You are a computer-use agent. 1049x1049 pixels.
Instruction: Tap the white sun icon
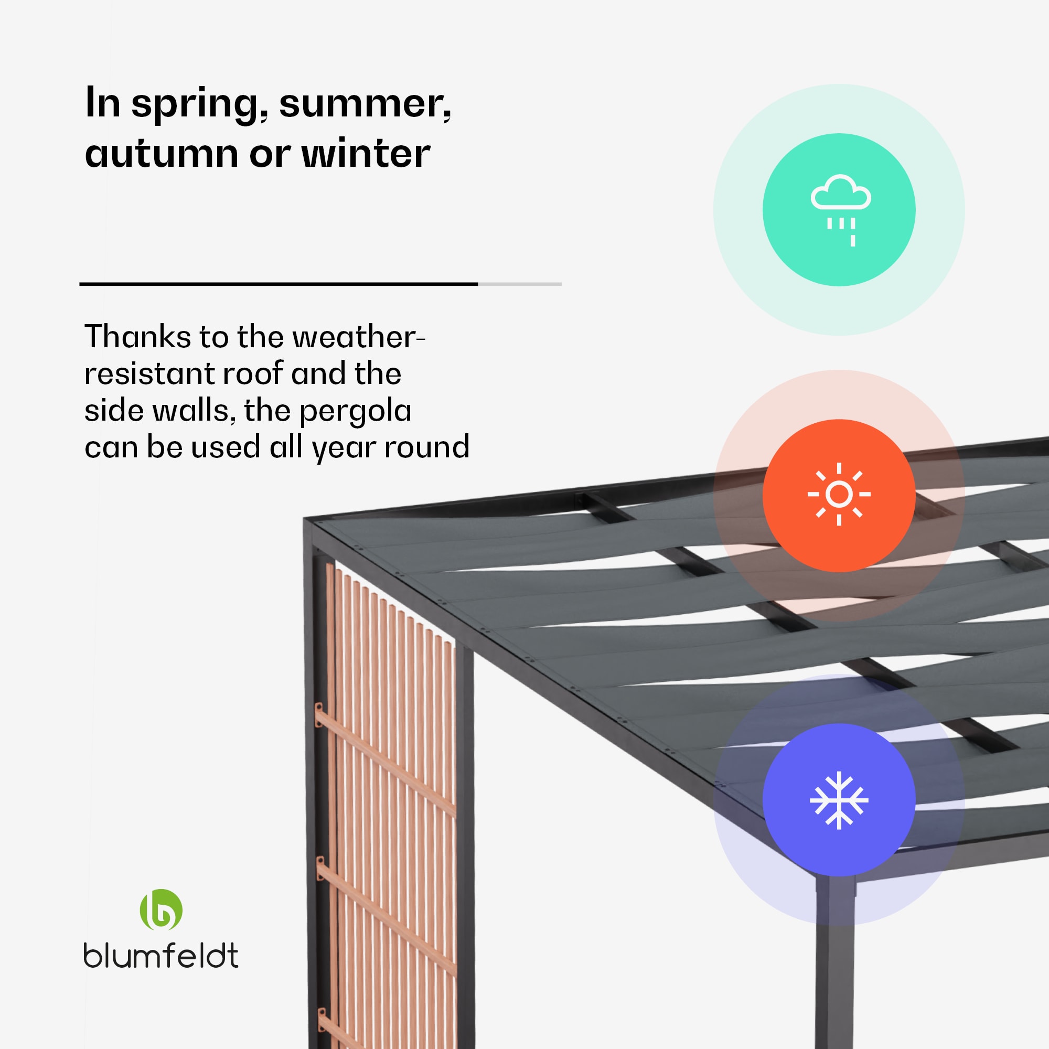(x=839, y=494)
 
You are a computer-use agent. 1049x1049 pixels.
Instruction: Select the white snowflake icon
(x=839, y=800)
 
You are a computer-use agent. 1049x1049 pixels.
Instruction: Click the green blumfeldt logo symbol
(x=161, y=909)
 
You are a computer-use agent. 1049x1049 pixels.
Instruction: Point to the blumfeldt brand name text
(x=160, y=956)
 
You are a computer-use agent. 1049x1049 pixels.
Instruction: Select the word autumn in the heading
(x=162, y=154)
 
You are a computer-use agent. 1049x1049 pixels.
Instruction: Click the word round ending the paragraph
(x=427, y=447)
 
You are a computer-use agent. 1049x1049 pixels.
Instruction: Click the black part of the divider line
(x=279, y=284)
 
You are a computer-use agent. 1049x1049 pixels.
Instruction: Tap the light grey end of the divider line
(x=520, y=284)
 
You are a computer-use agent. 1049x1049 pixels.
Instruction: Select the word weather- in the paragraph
(x=358, y=337)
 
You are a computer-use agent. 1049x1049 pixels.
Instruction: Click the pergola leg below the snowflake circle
(x=835, y=961)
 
